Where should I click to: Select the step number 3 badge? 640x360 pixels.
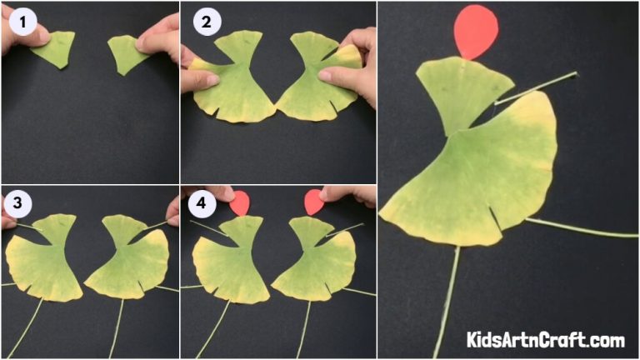click(x=16, y=203)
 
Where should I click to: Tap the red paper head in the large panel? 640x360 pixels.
click(x=476, y=31)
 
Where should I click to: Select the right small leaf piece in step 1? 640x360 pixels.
click(x=125, y=53)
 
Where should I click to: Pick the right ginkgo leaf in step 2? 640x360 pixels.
click(x=315, y=83)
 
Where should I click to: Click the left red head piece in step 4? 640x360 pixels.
click(x=241, y=202)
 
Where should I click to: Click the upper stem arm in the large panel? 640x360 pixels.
click(x=537, y=87)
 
